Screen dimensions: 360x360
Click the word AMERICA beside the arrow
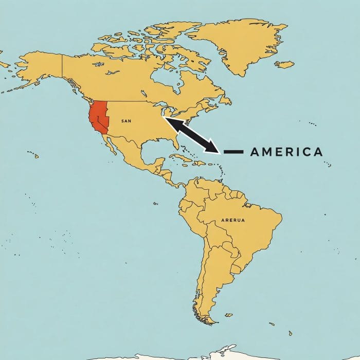click(286, 152)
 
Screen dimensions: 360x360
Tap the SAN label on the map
click(127, 121)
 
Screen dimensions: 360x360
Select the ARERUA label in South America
click(233, 220)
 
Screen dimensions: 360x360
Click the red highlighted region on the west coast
click(98, 117)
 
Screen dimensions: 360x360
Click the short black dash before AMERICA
click(233, 152)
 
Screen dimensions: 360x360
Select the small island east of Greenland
click(284, 64)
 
